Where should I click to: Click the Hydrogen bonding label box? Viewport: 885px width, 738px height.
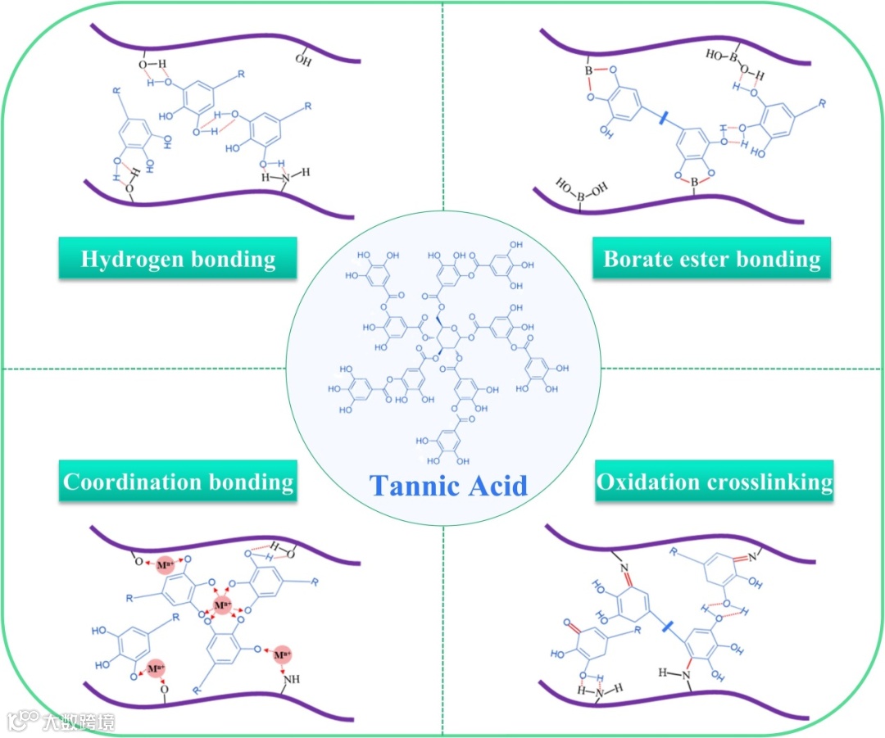tap(178, 260)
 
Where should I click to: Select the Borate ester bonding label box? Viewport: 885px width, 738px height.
tap(711, 260)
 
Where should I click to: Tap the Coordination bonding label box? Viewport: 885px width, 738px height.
tap(178, 482)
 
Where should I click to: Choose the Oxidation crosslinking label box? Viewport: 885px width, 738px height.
tap(714, 482)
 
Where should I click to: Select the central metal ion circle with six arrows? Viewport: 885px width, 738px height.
tap(221, 606)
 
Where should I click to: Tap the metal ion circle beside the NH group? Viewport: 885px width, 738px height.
tap(283, 655)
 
